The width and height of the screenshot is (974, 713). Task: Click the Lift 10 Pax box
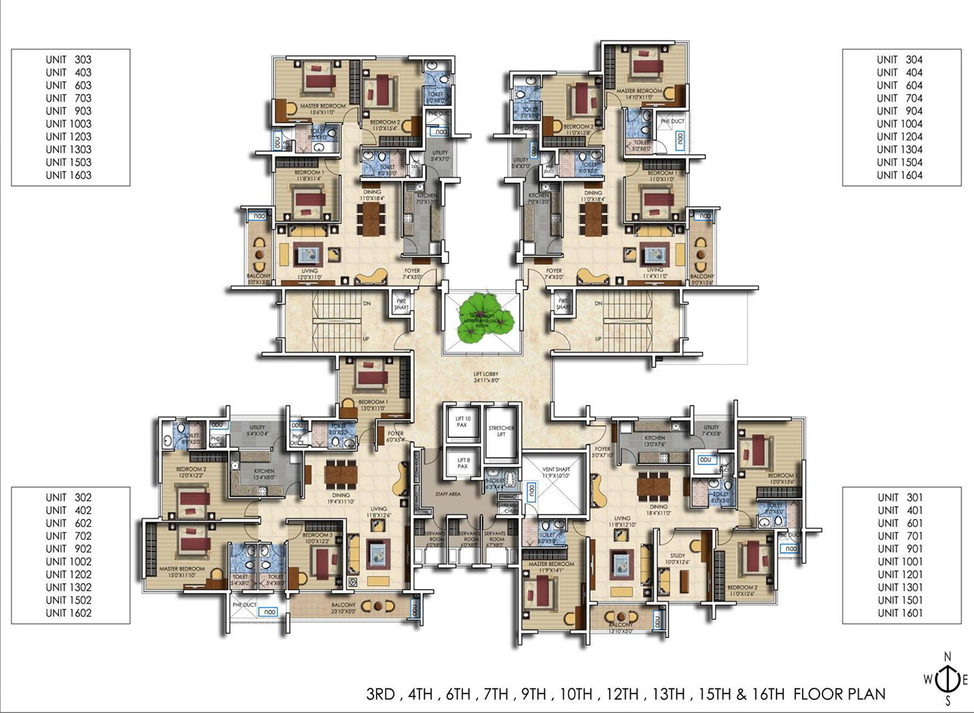click(x=462, y=422)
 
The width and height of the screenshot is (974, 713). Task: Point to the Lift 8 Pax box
click(x=462, y=463)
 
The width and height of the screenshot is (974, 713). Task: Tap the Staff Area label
click(x=447, y=495)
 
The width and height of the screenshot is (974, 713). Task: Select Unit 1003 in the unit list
click(x=68, y=123)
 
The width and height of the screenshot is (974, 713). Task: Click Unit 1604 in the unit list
click(x=899, y=175)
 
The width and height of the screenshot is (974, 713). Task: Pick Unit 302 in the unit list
click(x=68, y=497)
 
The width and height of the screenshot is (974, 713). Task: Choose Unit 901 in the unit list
click(x=899, y=549)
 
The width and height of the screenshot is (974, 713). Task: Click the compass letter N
click(x=947, y=657)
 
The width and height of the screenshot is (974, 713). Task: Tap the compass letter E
click(x=965, y=680)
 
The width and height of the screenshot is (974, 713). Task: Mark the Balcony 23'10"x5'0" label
click(x=343, y=608)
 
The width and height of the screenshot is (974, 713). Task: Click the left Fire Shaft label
click(x=401, y=304)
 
